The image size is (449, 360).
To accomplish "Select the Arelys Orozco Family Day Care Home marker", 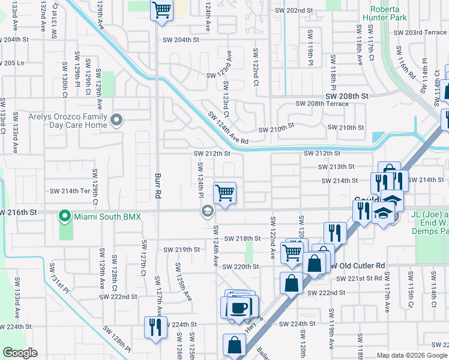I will point(116,121).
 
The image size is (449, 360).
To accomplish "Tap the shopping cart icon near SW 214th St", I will point(224,193).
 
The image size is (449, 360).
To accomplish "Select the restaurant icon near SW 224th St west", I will point(155,327).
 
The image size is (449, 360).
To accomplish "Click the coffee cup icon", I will point(240,307).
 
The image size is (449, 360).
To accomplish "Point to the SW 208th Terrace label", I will point(322,104).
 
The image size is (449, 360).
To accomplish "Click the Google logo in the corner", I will point(20,353).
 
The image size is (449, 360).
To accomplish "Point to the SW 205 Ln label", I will point(12,62).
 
